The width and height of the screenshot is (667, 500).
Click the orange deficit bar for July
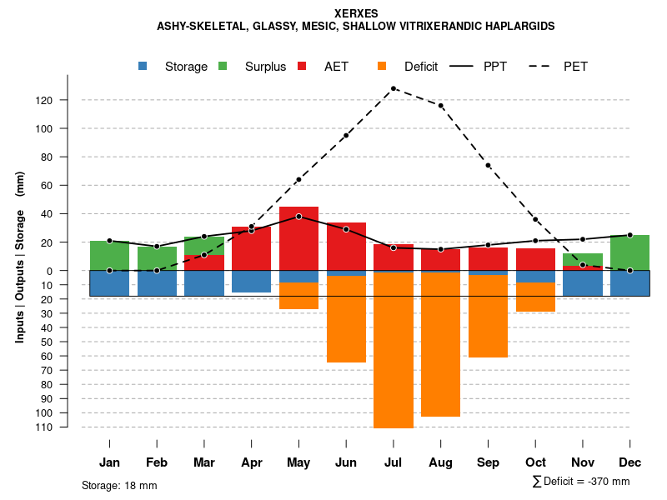pyautogui.click(x=394, y=350)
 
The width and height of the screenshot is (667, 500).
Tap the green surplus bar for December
pyautogui.click(x=629, y=252)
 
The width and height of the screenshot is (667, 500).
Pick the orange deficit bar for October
pyautogui.click(x=535, y=297)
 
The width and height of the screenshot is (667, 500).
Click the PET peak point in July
pyautogui.click(x=394, y=88)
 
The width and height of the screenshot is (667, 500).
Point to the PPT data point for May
pyautogui.click(x=298, y=217)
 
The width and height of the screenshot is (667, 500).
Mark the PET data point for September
pyautogui.click(x=488, y=165)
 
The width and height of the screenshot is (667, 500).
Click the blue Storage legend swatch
pyautogui.click(x=143, y=67)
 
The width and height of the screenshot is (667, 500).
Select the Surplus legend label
pyautogui.click(x=265, y=67)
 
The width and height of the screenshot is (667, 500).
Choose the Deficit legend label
pyautogui.click(x=421, y=67)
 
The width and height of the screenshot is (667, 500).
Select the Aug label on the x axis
pyautogui.click(x=440, y=462)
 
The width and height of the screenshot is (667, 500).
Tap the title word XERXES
pyautogui.click(x=356, y=14)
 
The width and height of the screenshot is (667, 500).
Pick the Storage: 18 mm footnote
pyautogui.click(x=119, y=485)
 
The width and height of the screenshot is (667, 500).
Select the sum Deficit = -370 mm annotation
pyautogui.click(x=580, y=482)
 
